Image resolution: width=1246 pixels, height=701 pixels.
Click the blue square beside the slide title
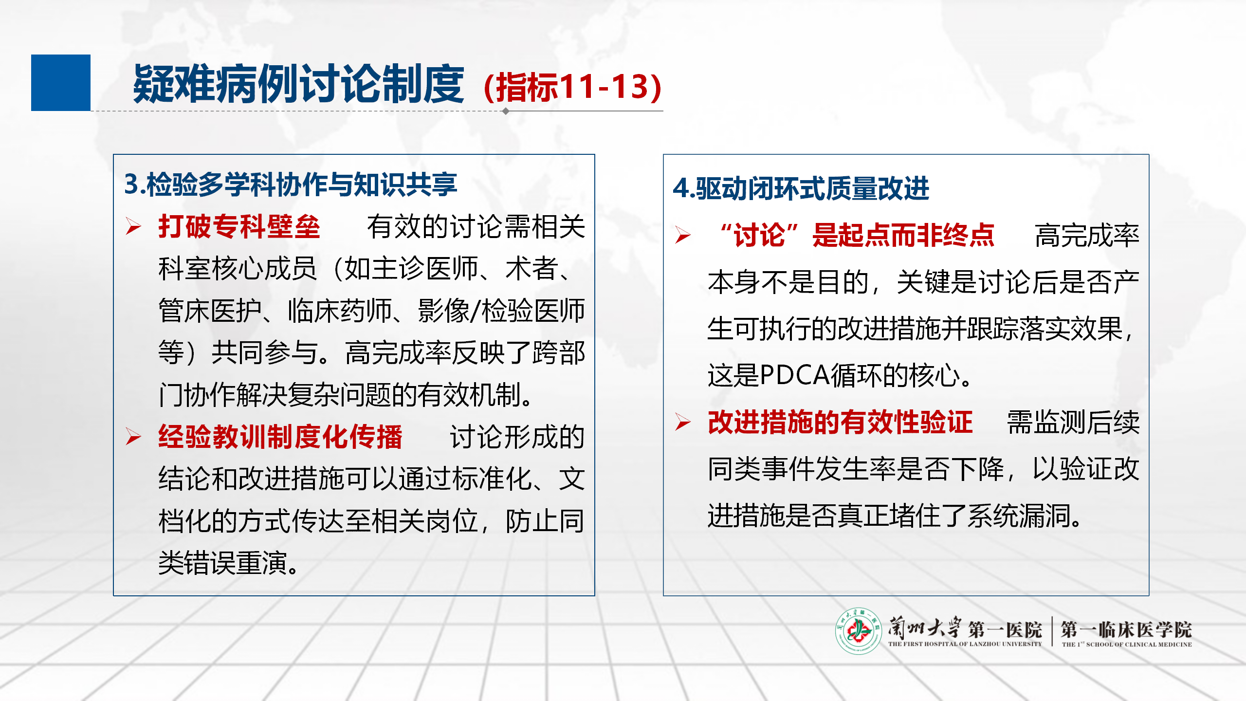click(x=61, y=83)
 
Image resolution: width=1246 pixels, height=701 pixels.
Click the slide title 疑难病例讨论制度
click(x=298, y=84)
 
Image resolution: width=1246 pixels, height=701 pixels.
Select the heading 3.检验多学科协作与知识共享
click(x=291, y=184)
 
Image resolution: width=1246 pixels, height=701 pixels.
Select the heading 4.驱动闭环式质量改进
click(x=801, y=188)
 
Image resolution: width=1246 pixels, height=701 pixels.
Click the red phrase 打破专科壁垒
click(x=239, y=226)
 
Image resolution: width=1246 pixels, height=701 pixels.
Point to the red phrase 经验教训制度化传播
click(x=280, y=436)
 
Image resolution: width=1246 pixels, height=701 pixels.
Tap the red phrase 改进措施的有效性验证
click(x=840, y=422)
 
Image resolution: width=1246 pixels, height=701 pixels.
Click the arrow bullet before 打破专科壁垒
click(x=133, y=226)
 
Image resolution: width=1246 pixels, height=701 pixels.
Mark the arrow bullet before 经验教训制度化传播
click(x=133, y=436)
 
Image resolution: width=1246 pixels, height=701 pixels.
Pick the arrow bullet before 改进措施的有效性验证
click(x=683, y=422)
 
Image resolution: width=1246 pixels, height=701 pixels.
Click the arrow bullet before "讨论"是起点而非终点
click(x=683, y=235)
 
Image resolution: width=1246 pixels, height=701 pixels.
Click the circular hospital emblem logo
click(x=859, y=631)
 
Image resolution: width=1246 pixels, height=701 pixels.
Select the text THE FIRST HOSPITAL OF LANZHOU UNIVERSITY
click(x=965, y=644)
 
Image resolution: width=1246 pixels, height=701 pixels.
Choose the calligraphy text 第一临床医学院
click(x=1126, y=629)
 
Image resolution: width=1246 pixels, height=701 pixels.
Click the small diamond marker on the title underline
click(x=506, y=111)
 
